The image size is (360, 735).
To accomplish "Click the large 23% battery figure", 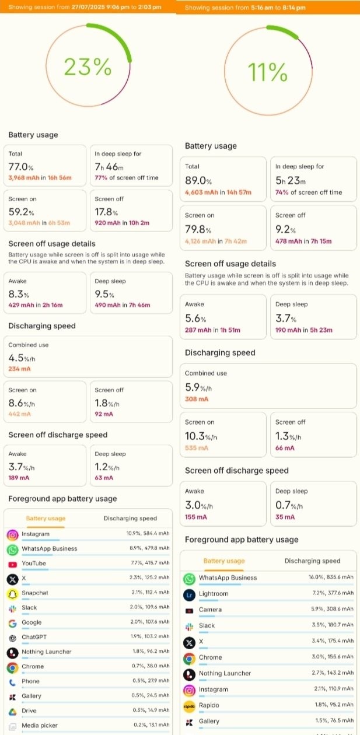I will coord(87,68).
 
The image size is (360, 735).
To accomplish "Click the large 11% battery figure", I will coord(268,72).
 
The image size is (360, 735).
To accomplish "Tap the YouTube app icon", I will coord(12,564).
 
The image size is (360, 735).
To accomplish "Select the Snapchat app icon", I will coord(12,593).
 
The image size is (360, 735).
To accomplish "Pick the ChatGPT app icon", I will coord(12,638).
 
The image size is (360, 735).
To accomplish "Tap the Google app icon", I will coord(12,623).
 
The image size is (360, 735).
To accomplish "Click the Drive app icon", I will coord(12,712).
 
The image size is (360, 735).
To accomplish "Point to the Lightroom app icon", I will coord(188,594).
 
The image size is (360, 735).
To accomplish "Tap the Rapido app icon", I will coord(188,706).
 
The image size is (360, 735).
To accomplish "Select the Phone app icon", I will coord(12,682).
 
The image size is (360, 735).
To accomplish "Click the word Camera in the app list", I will coord(210,610).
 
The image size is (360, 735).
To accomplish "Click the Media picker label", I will coord(40,726).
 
